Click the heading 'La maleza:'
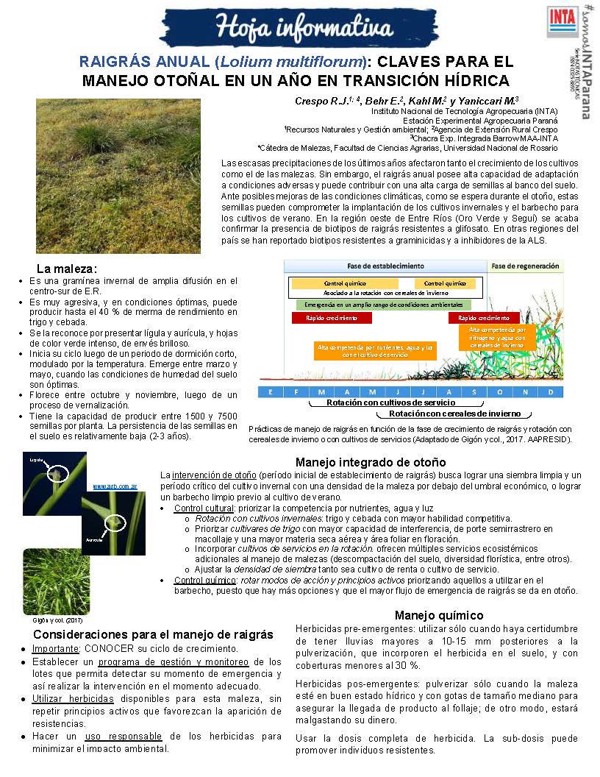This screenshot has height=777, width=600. [67, 269]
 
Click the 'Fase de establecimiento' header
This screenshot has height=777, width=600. [385, 266]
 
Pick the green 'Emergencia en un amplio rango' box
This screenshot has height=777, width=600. [384, 304]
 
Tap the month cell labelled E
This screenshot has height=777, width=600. [271, 391]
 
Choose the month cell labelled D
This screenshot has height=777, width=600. [551, 391]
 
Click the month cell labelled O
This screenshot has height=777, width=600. [500, 391]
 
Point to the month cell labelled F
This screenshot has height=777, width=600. [296, 391]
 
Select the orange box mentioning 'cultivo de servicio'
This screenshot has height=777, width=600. [376, 350]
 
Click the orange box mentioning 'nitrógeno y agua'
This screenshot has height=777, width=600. [498, 337]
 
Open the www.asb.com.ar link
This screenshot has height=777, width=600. [115, 486]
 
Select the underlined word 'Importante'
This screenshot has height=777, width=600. [55, 649]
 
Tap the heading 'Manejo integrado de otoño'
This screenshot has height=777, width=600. [370, 462]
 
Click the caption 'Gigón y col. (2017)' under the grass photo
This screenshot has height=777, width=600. [52, 620]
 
